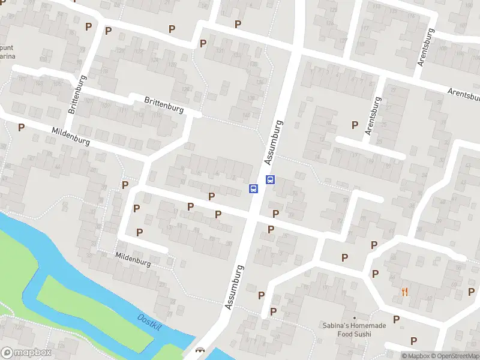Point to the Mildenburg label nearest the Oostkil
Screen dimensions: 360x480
(133, 259)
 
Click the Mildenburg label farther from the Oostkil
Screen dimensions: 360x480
(70, 137)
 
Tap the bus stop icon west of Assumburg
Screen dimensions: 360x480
(253, 188)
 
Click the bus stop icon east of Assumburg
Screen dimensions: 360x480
(270, 179)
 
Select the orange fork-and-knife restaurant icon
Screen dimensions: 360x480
(404, 292)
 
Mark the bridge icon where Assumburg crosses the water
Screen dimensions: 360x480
(200, 351)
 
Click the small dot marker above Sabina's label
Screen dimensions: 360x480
(354, 318)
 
